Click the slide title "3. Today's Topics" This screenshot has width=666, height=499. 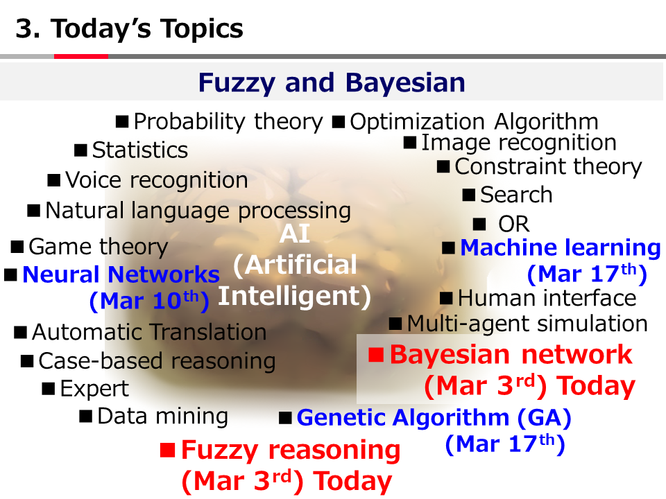(129, 29)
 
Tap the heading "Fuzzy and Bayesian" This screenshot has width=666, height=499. (332, 82)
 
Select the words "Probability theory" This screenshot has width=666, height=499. (228, 122)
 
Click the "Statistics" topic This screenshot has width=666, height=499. (139, 150)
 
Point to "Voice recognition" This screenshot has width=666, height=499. (157, 180)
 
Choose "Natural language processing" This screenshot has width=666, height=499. (198, 211)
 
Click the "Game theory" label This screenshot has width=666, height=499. (98, 247)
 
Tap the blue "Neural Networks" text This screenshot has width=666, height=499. (121, 274)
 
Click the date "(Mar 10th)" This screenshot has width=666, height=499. (149, 300)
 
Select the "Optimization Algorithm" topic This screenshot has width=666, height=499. (474, 122)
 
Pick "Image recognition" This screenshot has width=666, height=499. (519, 143)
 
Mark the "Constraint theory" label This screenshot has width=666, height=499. (548, 167)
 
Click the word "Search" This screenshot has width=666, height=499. (516, 195)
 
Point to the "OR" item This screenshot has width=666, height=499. (514, 224)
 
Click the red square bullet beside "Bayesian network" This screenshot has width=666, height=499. (376, 354)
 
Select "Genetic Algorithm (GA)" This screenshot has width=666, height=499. (434, 417)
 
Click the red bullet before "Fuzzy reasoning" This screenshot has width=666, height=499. (168, 450)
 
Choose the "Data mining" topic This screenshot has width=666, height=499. (162, 417)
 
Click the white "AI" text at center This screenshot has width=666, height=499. (294, 234)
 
